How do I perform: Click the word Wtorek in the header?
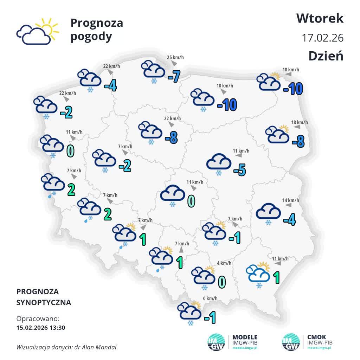tap(320, 18)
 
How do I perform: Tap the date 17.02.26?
tap(323, 38)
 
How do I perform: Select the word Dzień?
tap(326, 56)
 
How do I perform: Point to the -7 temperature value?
tap(174, 76)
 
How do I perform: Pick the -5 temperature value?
tap(240, 170)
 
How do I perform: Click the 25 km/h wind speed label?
tap(175, 58)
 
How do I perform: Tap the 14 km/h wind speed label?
tap(290, 200)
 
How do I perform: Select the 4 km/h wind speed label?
tap(224, 263)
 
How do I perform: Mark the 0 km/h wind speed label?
tap(210, 299)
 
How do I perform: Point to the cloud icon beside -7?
tap(153, 70)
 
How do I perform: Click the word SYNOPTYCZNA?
tap(44, 302)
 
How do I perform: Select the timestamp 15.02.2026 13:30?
tap(41, 328)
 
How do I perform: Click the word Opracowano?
tap(38, 319)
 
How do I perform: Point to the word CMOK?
tap(316, 337)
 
